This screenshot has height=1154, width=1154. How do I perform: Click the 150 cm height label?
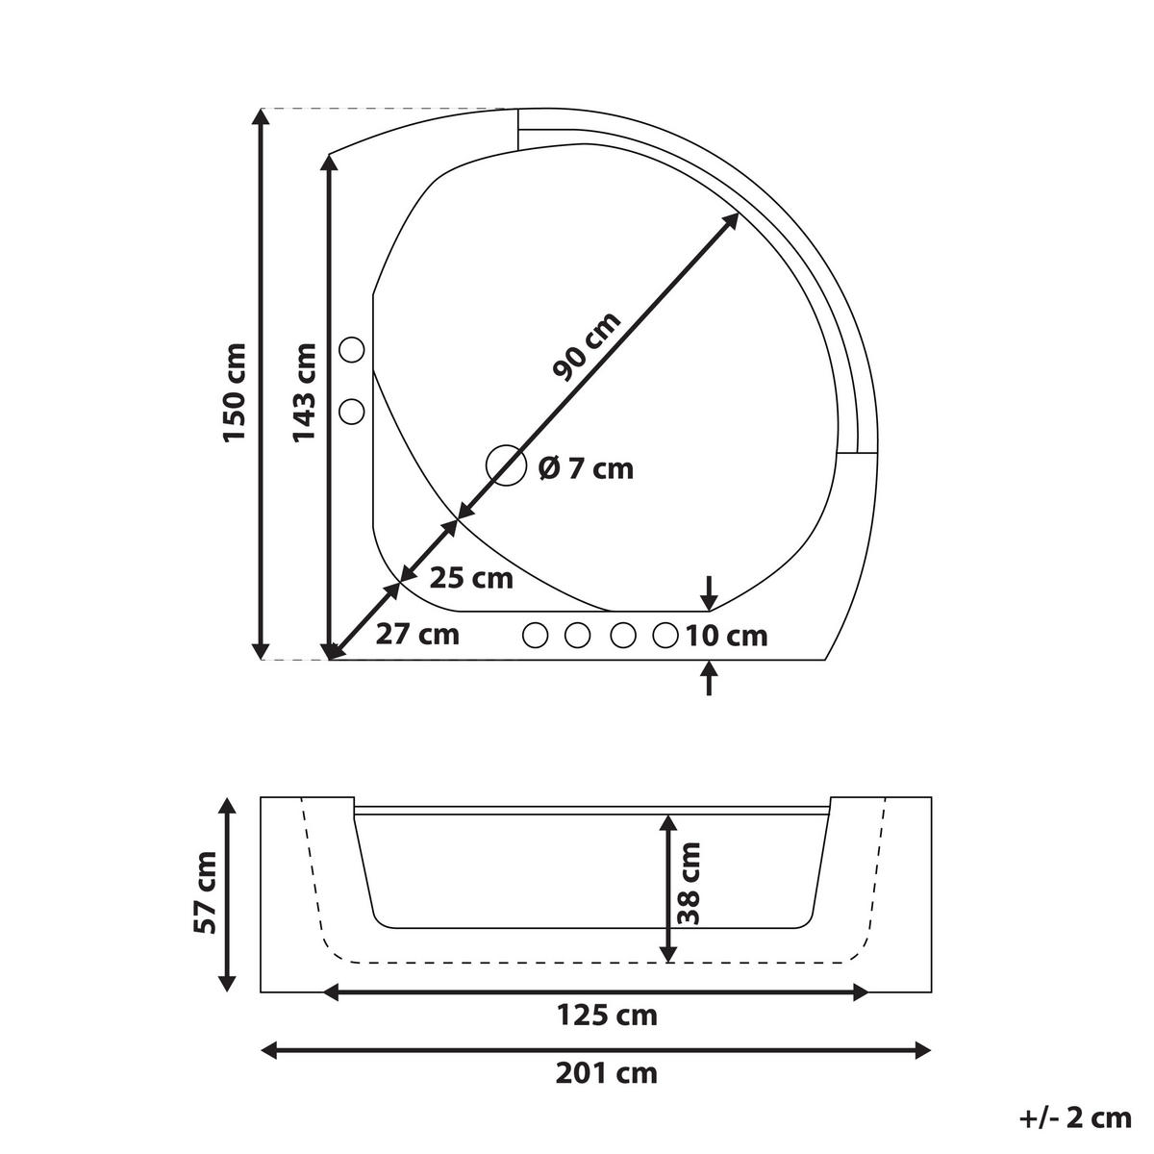coord(235,392)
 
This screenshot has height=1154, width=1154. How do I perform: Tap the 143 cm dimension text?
coord(304,392)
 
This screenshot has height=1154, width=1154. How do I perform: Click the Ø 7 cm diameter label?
coord(586,468)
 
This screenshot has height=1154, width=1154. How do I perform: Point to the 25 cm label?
coord(471,579)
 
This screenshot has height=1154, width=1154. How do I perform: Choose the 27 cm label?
coord(417,635)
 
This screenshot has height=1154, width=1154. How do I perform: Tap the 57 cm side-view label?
coord(206,892)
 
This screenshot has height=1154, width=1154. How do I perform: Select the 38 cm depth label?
coord(689,883)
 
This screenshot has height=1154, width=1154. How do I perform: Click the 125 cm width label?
coord(607,1015)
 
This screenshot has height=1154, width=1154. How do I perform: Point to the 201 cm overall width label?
coord(607,1072)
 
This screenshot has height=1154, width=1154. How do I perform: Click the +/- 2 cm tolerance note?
coord(1074,1117)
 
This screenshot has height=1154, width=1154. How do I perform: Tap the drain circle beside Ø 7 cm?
coord(506,466)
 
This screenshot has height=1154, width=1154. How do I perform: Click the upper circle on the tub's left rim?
coord(353,350)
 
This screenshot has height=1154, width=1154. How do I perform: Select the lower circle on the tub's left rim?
coord(353,412)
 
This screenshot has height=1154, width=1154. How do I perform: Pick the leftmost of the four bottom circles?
coord(535,635)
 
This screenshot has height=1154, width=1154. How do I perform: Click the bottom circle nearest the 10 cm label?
coord(665,635)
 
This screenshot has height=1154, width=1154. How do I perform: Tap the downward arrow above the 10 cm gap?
coord(709,591)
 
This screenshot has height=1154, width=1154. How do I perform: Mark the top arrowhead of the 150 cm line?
coord(260,117)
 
